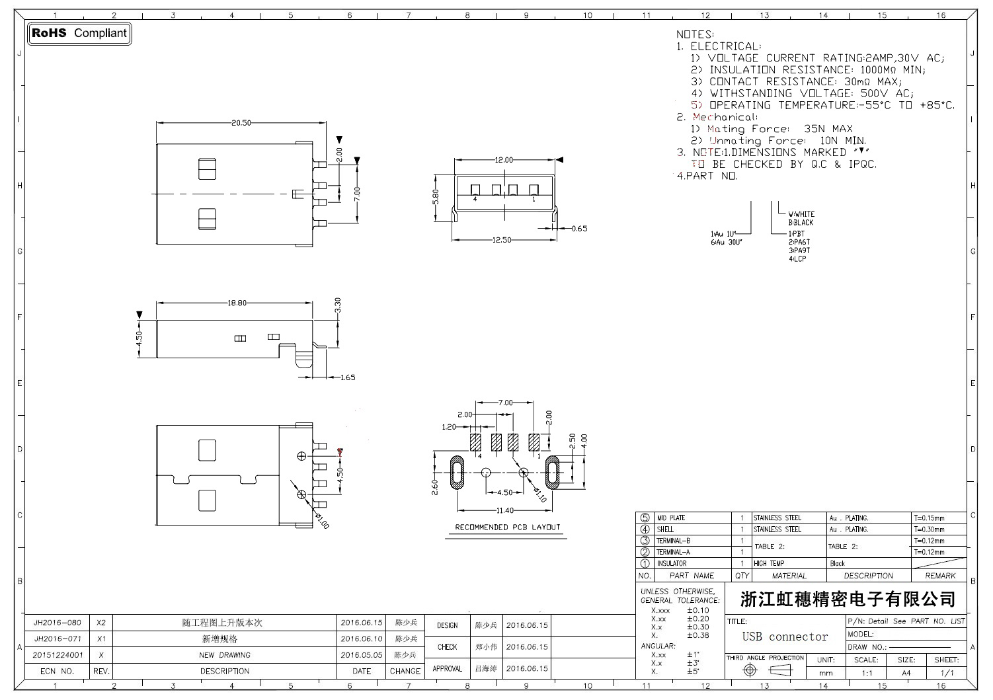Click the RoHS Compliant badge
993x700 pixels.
[x=79, y=33]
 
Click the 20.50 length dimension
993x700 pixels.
[x=241, y=123]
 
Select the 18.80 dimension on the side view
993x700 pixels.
[x=237, y=303]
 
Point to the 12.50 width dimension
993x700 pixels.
[x=502, y=240]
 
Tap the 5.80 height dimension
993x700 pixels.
[x=436, y=197]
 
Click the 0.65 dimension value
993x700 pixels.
[x=579, y=229]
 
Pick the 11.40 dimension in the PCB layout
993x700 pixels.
[x=504, y=510]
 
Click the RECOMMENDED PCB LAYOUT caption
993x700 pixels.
[x=507, y=527]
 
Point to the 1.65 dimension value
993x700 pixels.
[x=348, y=377]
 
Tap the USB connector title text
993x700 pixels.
[x=785, y=637]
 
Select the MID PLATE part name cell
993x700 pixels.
[x=671, y=518]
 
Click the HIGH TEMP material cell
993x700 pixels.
[x=769, y=564]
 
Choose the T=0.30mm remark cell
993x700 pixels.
[x=929, y=529]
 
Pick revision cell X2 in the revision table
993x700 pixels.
[x=101, y=623]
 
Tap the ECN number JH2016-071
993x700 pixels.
[x=58, y=639]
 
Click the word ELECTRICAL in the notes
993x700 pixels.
[x=725, y=46]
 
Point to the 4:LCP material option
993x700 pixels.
[x=797, y=259]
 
